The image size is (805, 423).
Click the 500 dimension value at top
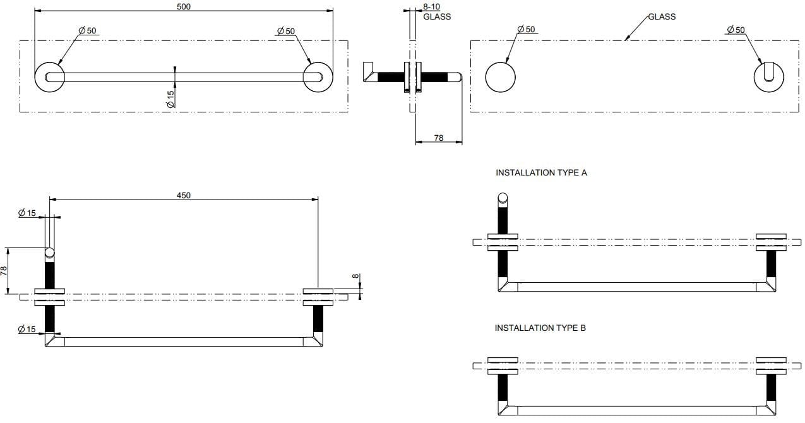[184, 6]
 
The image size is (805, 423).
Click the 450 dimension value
[183, 195]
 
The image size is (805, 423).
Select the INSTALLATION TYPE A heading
[541, 172]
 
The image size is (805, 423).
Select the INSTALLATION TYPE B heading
[540, 328]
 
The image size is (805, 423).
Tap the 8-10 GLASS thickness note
[436, 12]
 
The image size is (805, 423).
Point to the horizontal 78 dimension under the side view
[439, 138]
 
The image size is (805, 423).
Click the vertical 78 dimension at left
[4, 271]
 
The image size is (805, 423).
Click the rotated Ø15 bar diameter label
[170, 98]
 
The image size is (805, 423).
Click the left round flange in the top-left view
[49, 77]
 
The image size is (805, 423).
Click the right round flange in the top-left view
[318, 77]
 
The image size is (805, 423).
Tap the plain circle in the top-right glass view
[500, 77]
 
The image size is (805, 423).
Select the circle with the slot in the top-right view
[769, 77]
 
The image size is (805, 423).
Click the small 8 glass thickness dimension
[355, 276]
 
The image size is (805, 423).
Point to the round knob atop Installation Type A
[503, 198]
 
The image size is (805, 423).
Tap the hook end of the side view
[369, 72]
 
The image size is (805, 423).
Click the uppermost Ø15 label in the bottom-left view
[27, 213]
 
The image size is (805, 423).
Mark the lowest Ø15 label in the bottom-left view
[27, 329]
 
